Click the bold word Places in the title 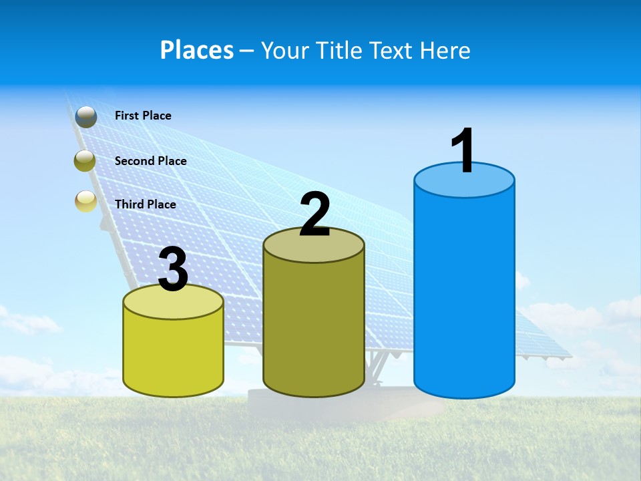point(197,50)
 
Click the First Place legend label point(143,116)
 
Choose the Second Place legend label point(150,161)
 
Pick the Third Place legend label point(145,204)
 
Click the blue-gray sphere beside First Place point(86,116)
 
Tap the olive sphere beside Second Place point(85,161)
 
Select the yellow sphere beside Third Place point(86,201)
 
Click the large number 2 point(314,215)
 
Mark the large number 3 point(174,270)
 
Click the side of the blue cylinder point(464,294)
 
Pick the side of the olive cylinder point(314,327)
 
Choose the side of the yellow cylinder point(174,354)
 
